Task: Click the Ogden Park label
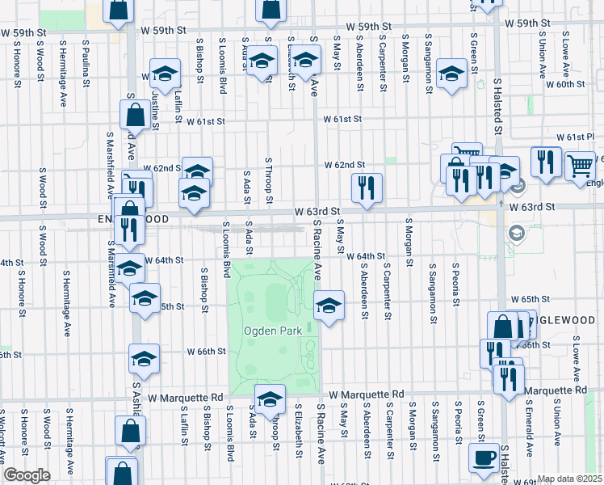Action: (270, 331)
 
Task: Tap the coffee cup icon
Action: (484, 458)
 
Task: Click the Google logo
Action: (27, 474)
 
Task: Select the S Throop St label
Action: (269, 181)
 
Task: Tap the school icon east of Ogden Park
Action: (328, 306)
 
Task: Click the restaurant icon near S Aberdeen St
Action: (366, 189)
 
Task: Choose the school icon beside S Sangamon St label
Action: (451, 74)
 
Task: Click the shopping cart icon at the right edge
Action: (581, 167)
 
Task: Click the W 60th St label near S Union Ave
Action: (564, 84)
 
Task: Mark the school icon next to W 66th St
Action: (144, 359)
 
